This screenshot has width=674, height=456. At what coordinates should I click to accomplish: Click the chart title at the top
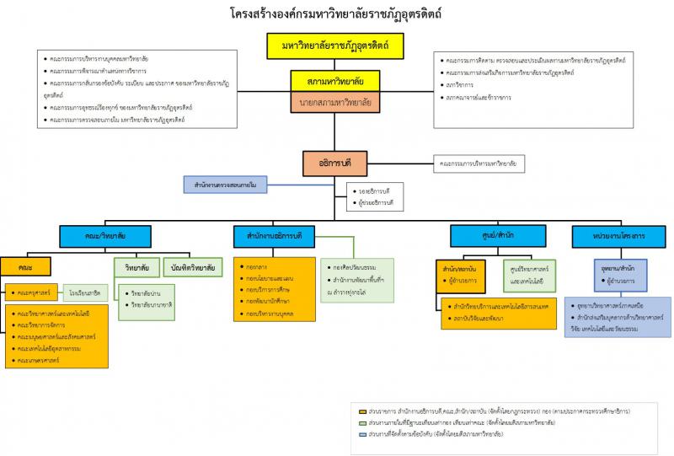pos(336,14)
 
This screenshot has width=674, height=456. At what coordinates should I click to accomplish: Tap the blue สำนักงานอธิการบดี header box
pos(281,233)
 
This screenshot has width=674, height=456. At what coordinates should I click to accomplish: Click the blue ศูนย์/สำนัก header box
pos(476,233)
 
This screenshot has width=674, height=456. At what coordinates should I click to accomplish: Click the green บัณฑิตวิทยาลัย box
pos(192,267)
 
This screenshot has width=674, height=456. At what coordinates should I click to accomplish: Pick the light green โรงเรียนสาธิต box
pos(84,292)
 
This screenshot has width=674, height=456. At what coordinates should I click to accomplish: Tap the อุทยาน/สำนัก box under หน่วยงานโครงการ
pos(619,267)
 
